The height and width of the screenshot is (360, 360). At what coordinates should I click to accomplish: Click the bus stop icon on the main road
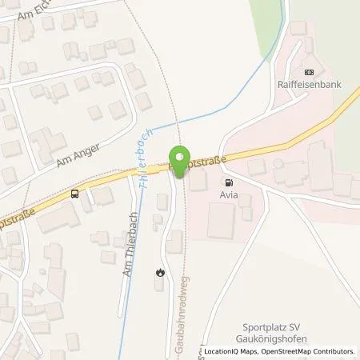(x=75, y=194)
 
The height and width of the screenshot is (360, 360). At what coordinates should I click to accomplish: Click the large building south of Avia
(x=228, y=221)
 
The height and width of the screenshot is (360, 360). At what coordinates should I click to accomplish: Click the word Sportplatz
(x=265, y=327)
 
